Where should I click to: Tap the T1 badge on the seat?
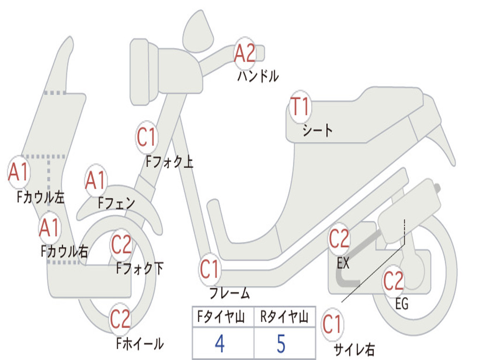coord(300,106)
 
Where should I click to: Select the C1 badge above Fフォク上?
coord(147,137)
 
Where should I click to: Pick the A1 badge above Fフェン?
coord(96,180)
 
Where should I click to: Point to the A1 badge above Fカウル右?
coord(50,227)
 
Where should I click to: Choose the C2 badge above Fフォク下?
coord(121,244)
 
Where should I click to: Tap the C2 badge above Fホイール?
coord(120,319)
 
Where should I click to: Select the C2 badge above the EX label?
coord(339,239)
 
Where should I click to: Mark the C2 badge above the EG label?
coord(394,281)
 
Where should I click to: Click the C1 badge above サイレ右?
coord(332,324)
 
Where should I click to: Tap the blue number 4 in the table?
coord(219,344)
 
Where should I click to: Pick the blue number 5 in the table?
coord(281,344)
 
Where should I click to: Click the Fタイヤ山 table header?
coord(221,317)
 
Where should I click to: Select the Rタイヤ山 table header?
coord(285,317)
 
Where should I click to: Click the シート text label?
coord(317,130)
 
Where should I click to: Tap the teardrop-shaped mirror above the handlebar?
coord(198,31)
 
